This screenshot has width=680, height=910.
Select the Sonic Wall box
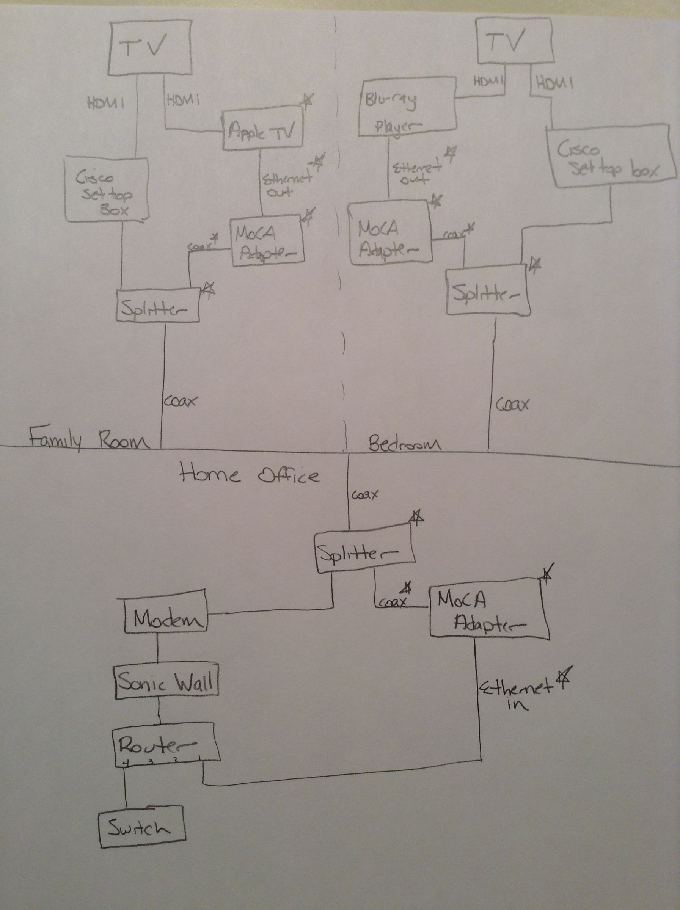click(x=166, y=682)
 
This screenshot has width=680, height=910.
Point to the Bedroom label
click(x=404, y=444)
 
